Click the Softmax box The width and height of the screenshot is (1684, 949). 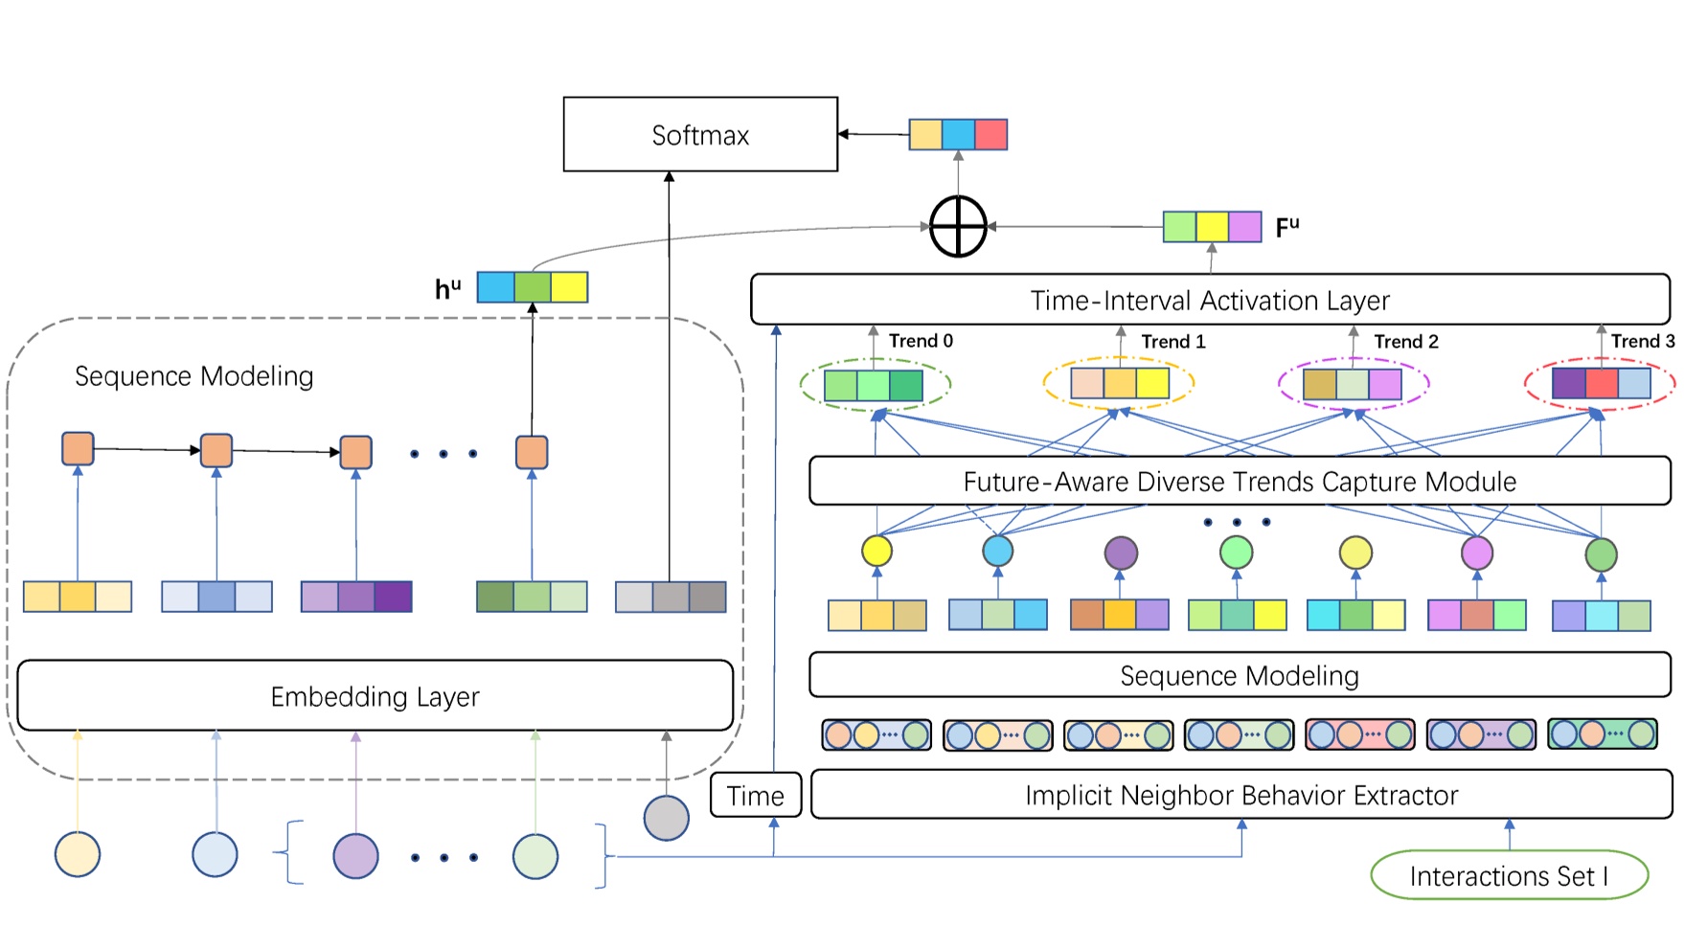(x=700, y=135)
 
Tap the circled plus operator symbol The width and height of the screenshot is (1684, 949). (x=958, y=227)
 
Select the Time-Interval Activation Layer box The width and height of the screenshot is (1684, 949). (x=1210, y=300)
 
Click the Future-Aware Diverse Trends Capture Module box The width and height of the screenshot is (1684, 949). (x=1240, y=481)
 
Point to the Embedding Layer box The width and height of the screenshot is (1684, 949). (x=375, y=696)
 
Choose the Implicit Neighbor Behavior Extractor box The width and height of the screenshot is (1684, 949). (x=1241, y=795)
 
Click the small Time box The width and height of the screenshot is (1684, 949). (x=755, y=795)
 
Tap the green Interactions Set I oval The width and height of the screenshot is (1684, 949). (x=1509, y=875)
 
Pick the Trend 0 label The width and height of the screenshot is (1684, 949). (x=921, y=341)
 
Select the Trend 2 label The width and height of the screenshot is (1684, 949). (x=1405, y=342)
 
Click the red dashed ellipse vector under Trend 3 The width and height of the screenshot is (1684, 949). (x=1601, y=384)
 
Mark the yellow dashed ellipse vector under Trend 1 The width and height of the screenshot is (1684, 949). (x=1119, y=384)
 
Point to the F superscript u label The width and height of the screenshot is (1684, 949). (x=1287, y=228)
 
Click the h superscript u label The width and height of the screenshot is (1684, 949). (x=447, y=288)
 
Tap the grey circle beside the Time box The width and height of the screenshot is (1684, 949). (x=666, y=818)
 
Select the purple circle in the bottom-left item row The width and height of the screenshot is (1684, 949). (x=355, y=856)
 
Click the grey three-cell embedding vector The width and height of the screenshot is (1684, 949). (x=671, y=597)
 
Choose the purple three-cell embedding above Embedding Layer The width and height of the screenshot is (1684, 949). (x=356, y=597)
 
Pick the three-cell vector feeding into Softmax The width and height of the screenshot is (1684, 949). (x=958, y=134)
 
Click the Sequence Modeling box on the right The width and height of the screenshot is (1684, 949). (x=1240, y=676)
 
